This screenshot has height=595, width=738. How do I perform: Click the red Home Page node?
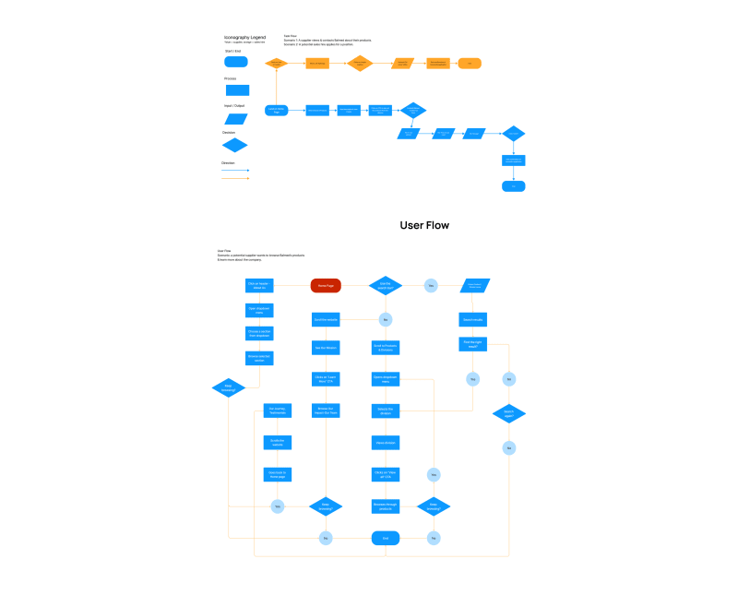(326, 286)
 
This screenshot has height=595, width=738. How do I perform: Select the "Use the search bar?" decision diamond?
(386, 286)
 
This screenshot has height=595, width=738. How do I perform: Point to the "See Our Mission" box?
(325, 349)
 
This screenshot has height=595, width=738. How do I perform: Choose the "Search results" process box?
(472, 320)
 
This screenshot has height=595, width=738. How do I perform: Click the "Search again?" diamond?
(508, 413)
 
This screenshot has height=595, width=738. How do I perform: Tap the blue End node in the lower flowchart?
(386, 538)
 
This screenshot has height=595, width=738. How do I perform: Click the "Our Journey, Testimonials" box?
(277, 411)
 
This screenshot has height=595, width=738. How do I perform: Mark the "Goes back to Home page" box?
(277, 474)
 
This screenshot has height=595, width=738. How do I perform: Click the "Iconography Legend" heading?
(244, 37)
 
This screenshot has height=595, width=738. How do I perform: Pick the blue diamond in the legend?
(236, 145)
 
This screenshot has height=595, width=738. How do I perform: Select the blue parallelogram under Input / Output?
(236, 118)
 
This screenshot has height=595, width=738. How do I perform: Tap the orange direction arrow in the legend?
(236, 178)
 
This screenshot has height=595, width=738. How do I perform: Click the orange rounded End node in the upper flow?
(470, 64)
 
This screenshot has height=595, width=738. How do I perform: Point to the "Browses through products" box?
(386, 506)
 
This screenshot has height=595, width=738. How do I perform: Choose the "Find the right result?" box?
(472, 344)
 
